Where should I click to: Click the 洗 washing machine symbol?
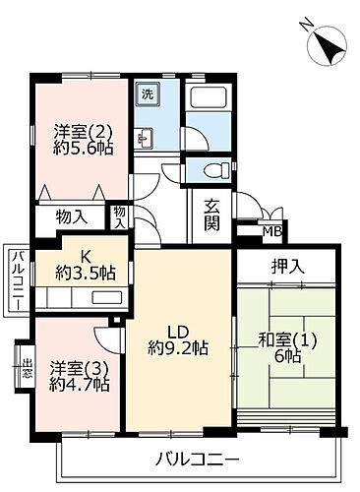[x=147, y=95]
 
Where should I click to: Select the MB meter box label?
[x=270, y=232]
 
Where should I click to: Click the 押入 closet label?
[x=286, y=265]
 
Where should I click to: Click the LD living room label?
[x=178, y=330]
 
